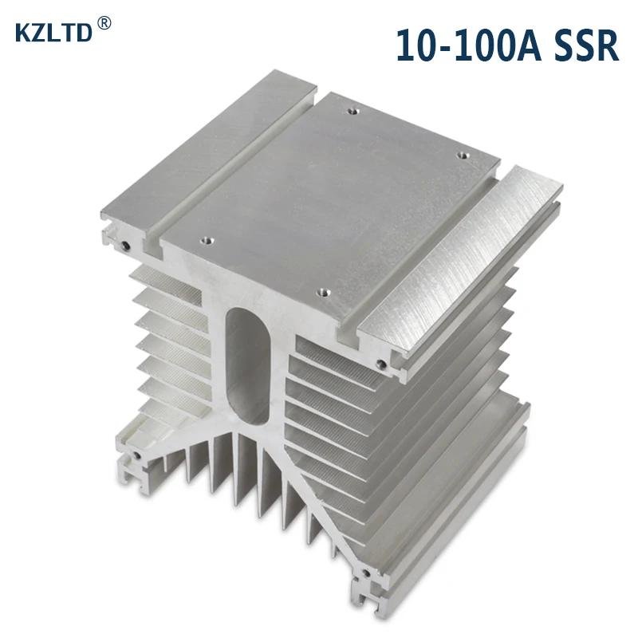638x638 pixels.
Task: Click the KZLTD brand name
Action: pyautogui.click(x=53, y=33)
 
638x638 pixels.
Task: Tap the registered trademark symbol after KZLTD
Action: pyautogui.click(x=104, y=23)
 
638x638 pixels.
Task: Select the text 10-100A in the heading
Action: pyautogui.click(x=468, y=45)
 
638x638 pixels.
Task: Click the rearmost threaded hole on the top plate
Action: pyautogui.click(x=352, y=110)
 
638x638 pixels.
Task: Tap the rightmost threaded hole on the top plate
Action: pyautogui.click(x=463, y=156)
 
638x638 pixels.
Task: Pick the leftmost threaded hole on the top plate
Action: pyautogui.click(x=207, y=241)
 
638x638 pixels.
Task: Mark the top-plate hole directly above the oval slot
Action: pyautogui.click(x=323, y=292)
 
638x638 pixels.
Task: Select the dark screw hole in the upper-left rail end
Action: pyautogui.click(x=126, y=246)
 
